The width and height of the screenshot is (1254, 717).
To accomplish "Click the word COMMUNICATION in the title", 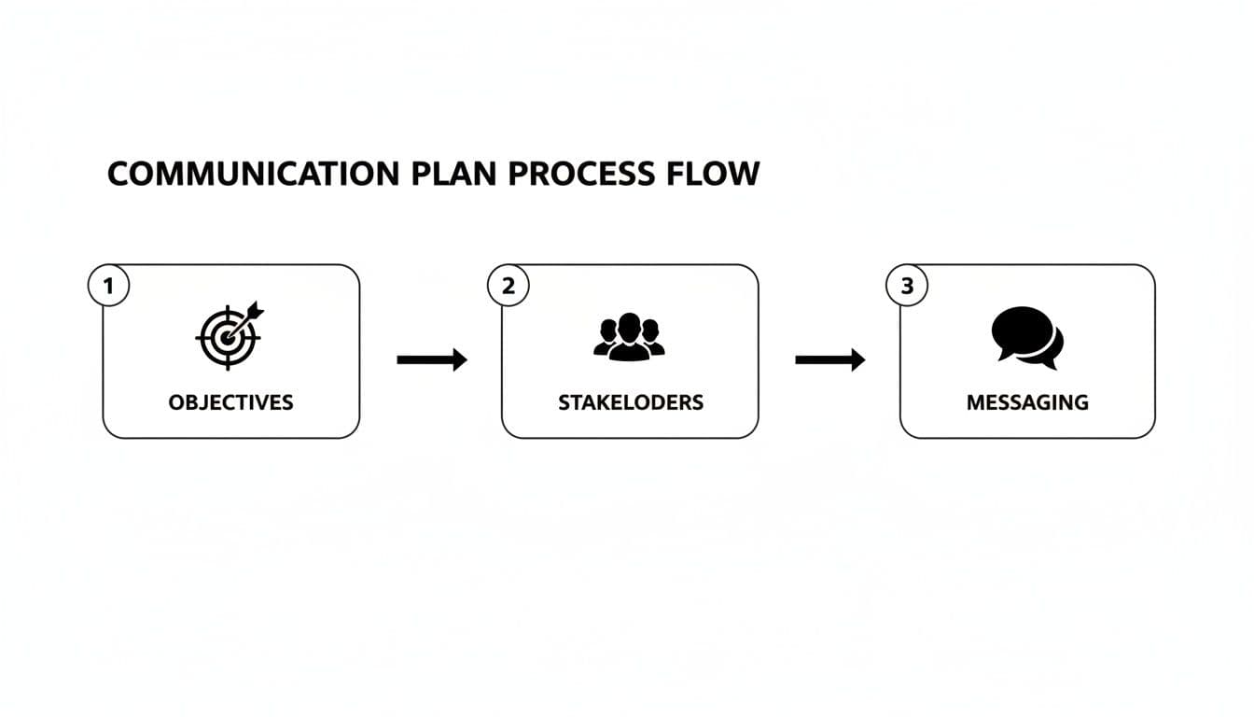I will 254,175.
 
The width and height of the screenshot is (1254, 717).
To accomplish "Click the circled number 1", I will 108,287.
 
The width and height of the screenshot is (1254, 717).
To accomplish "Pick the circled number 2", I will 508,287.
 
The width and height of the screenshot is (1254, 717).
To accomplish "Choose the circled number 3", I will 907,287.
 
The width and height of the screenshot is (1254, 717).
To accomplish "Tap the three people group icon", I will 629,337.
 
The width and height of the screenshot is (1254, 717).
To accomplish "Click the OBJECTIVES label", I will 230,402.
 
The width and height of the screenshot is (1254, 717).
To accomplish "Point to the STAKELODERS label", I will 631,402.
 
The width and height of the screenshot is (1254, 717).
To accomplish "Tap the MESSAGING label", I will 1027,402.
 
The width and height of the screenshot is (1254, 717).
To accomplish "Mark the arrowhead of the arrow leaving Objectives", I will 459,359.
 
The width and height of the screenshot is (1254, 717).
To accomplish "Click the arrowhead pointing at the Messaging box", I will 857,359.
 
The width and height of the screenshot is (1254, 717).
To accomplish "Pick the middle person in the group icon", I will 629,335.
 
